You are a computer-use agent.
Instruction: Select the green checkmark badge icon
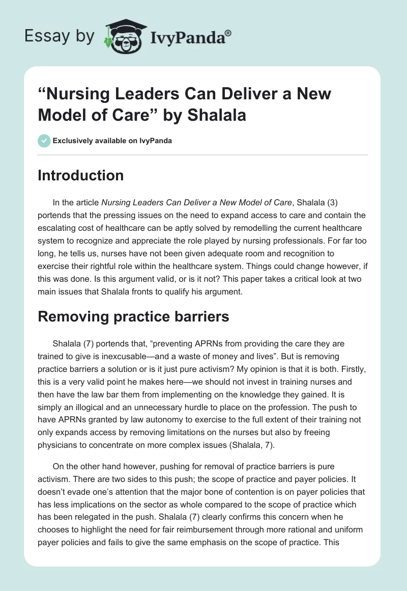(44, 141)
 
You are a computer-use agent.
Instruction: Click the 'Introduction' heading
(81, 175)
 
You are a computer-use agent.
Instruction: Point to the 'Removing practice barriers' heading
(133, 316)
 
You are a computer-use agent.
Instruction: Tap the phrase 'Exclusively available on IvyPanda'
(112, 141)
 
